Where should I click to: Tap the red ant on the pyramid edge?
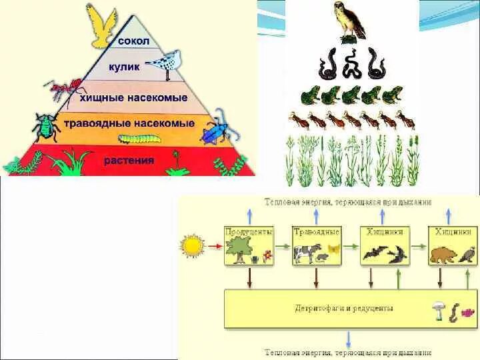65,87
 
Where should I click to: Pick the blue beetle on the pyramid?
215,132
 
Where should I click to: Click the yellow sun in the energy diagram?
193,247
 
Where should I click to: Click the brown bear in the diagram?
443,255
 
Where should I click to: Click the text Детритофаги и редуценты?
344,308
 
